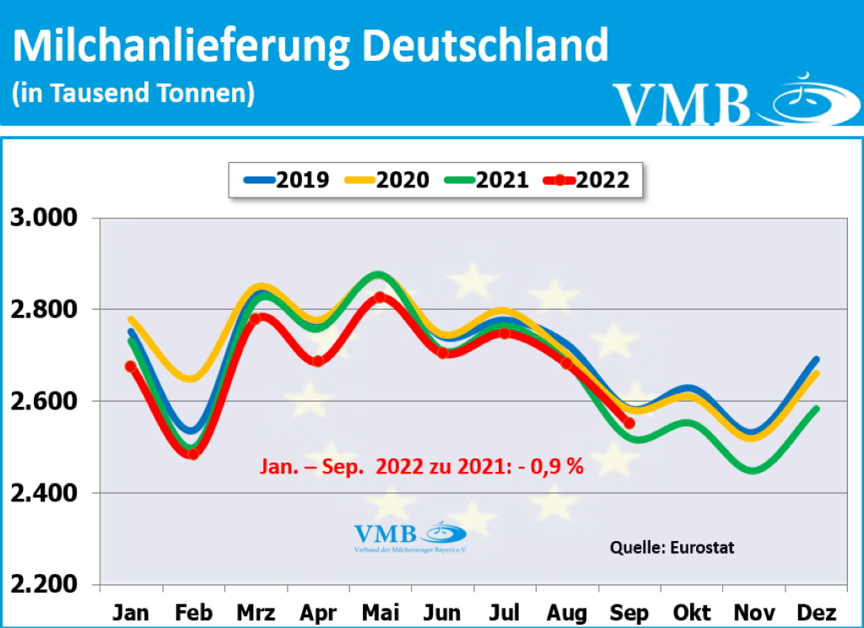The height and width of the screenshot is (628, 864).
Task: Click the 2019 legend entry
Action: coord(288,180)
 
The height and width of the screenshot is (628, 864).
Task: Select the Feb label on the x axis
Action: coord(192,612)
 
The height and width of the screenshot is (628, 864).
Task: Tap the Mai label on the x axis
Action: coord(380,612)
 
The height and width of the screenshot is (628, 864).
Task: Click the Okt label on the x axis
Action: coord(692,612)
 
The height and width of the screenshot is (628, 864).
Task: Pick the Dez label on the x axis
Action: coord(816,612)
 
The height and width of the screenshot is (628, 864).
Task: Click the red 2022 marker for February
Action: coord(192,454)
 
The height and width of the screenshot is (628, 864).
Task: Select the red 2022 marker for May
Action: coord(380,297)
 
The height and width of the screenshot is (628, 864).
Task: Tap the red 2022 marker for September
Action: coord(629,423)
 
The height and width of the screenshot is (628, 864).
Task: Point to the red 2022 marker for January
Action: coord(130,366)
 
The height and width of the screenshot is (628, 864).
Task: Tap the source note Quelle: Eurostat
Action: coord(672,548)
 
